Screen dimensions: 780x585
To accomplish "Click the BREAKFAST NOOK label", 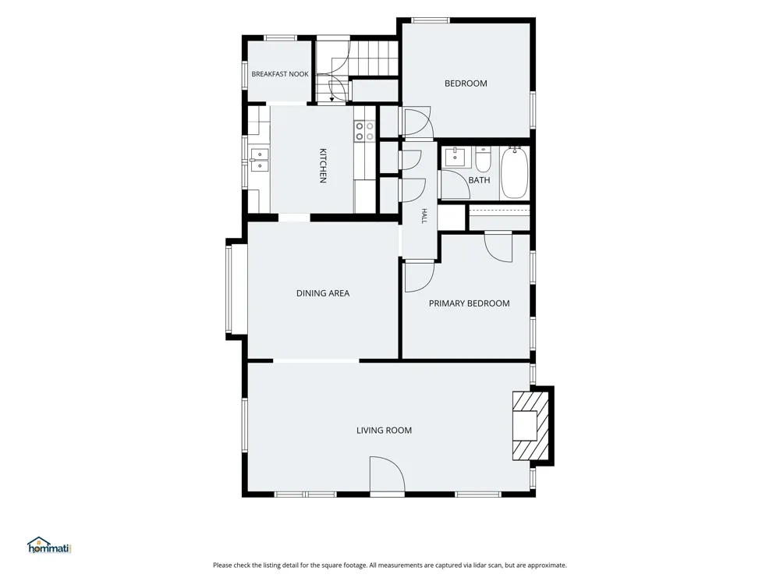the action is (x=279, y=74).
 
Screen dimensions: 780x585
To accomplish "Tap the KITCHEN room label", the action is (x=323, y=165).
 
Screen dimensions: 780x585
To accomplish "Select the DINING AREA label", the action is (x=323, y=293).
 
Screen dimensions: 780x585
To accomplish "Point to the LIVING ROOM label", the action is (x=384, y=431).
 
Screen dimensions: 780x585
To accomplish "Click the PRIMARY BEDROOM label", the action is (x=469, y=303).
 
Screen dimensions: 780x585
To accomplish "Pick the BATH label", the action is (x=479, y=180).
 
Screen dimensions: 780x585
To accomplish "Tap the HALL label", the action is (x=424, y=216).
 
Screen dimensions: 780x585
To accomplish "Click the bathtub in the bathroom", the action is (x=514, y=172).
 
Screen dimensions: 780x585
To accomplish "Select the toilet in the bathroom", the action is (x=483, y=158).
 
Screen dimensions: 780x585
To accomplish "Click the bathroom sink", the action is (x=456, y=157).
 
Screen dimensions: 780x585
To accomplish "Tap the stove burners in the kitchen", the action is (x=364, y=131).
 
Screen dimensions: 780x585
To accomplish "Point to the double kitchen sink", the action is (x=259, y=160).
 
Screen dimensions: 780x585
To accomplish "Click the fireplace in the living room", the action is (x=531, y=426).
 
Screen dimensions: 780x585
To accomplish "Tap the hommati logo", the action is (x=50, y=546).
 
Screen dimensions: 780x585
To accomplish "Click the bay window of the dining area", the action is (x=229, y=289).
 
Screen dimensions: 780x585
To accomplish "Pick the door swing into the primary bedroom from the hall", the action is (x=419, y=277).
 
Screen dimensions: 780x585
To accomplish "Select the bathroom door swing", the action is (x=455, y=185).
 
